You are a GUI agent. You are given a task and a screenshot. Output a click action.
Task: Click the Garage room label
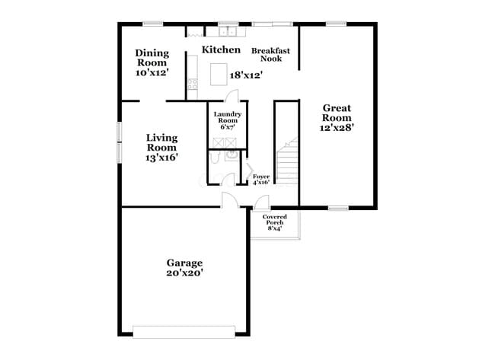pyautogui.click(x=184, y=263)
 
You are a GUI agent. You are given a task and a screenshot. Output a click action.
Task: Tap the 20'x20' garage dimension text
pyautogui.click(x=184, y=272)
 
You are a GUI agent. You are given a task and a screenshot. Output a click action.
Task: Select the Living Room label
pyautogui.click(x=161, y=142)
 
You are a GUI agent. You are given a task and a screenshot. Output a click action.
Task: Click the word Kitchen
pyautogui.click(x=221, y=49)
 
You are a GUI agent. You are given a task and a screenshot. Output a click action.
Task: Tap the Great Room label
pyautogui.click(x=336, y=113)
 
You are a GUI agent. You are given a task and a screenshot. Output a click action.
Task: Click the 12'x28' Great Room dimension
pyautogui.click(x=336, y=128)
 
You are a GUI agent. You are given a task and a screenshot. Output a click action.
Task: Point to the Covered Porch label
pyautogui.click(x=275, y=221)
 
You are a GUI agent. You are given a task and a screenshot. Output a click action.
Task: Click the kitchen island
pyautogui.click(x=220, y=74)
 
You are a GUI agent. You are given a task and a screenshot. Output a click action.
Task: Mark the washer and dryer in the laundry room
pyautogui.click(x=227, y=142)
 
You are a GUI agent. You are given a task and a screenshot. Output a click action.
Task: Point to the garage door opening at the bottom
pyautogui.click(x=184, y=331)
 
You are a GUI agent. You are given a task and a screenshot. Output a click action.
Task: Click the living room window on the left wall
pyautogui.click(x=119, y=141)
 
